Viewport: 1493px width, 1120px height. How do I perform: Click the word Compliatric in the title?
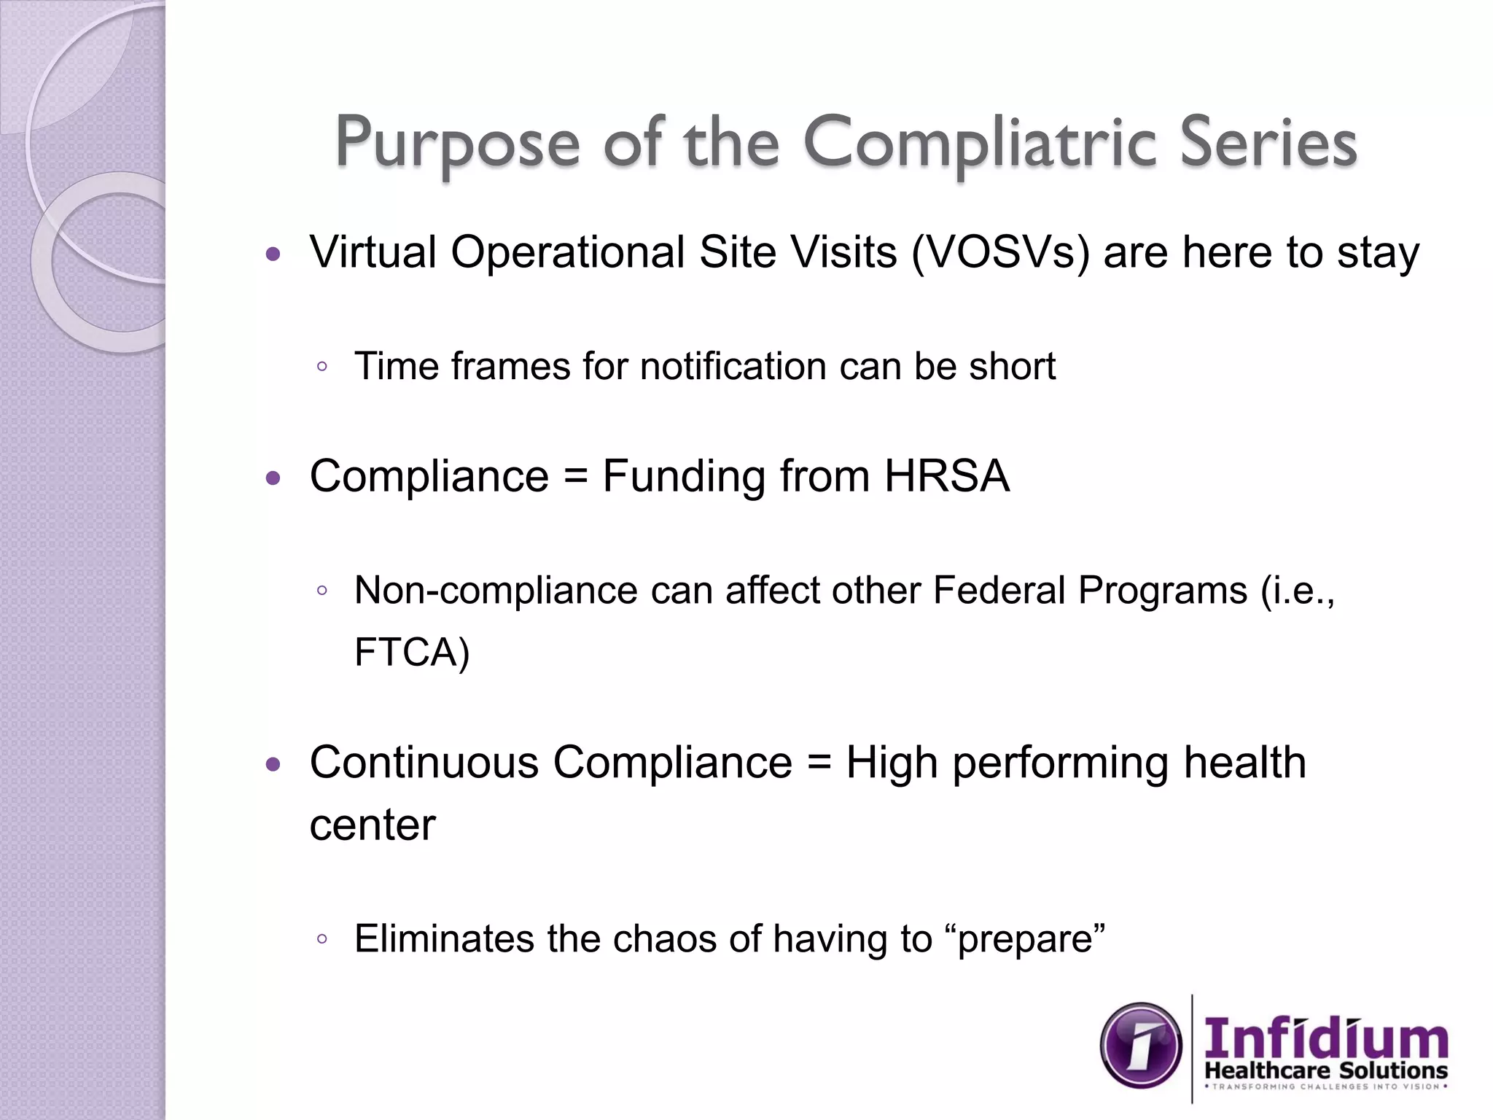tap(980, 142)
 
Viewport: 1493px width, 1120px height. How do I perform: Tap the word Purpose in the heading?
tap(457, 144)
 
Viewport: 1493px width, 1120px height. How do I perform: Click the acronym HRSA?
tap(946, 476)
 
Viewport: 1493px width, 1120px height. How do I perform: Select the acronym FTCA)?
tap(412, 652)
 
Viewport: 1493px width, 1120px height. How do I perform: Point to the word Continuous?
tap(424, 763)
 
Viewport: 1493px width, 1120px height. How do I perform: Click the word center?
tap(373, 825)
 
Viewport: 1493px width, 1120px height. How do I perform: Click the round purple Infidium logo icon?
tap(1141, 1046)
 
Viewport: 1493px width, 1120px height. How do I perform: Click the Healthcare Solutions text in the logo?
tap(1325, 1070)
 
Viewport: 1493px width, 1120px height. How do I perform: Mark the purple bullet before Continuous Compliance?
tap(273, 765)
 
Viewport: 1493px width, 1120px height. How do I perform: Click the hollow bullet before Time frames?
tap(322, 367)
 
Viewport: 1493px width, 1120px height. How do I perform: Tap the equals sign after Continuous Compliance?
tap(819, 763)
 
